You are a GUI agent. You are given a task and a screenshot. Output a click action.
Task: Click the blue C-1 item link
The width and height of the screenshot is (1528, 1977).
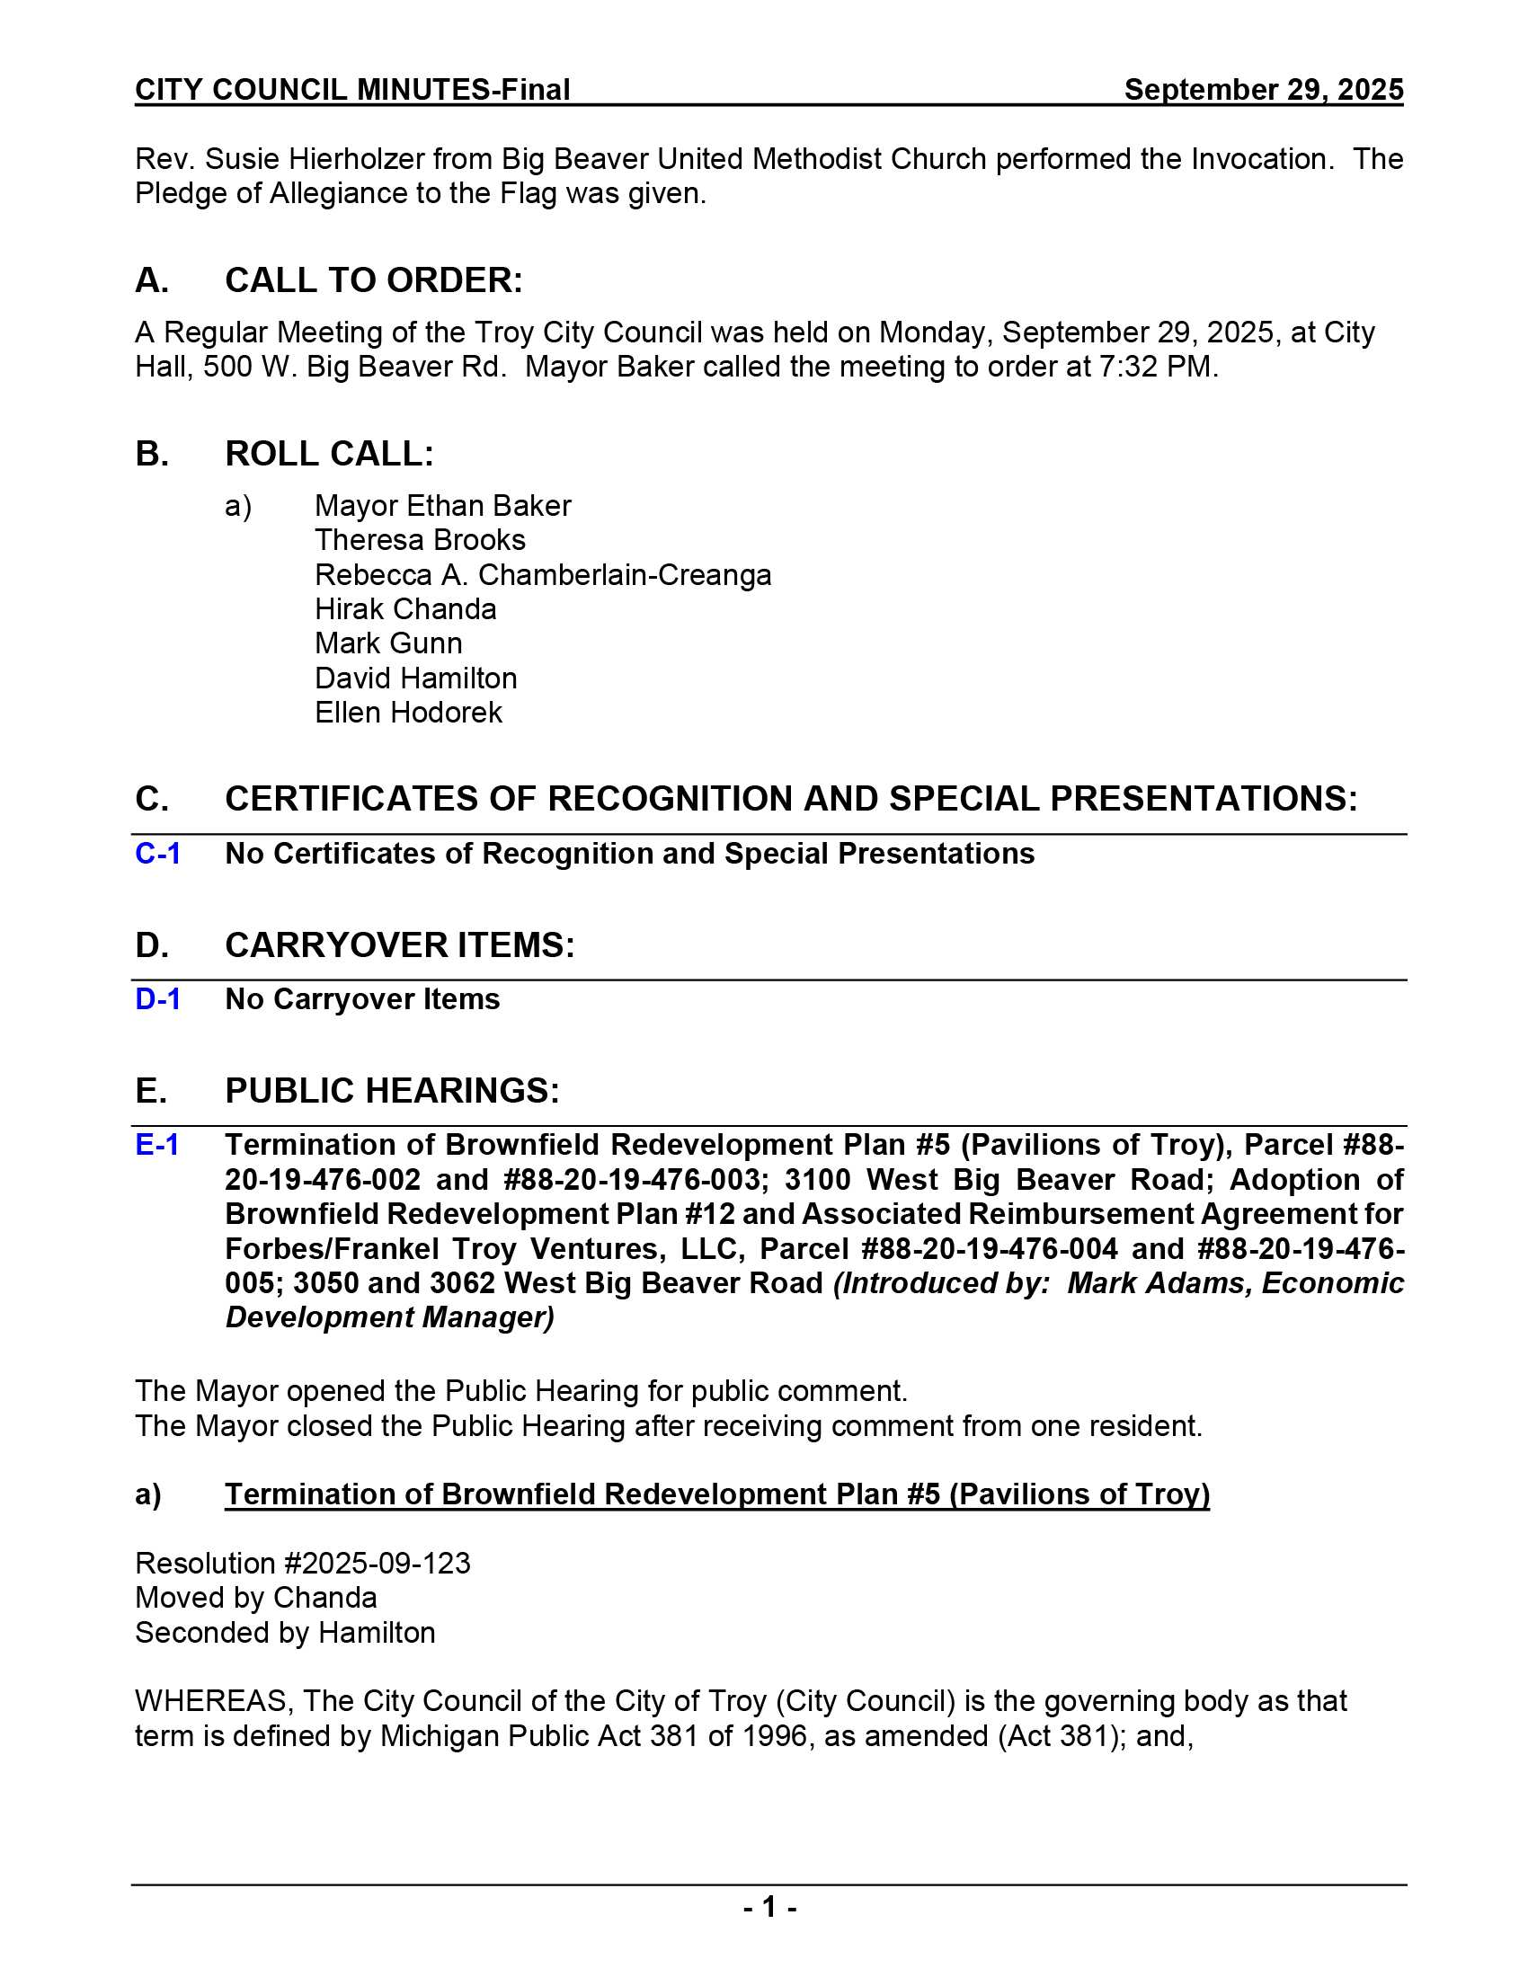tap(157, 854)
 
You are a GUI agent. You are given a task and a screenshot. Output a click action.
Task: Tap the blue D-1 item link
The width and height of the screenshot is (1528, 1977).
tap(157, 999)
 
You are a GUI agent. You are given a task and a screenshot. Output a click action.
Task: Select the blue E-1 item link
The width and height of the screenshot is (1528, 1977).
tap(156, 1145)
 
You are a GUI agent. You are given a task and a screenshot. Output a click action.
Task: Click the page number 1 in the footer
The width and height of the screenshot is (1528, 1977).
tap(769, 1907)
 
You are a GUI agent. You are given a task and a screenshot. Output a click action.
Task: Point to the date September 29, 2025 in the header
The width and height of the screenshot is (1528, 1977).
tap(1263, 90)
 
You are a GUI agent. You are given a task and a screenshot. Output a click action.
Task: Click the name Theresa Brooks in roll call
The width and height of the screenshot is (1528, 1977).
tap(420, 540)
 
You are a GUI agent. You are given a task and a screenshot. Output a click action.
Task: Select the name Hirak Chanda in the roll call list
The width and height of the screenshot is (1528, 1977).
tap(405, 609)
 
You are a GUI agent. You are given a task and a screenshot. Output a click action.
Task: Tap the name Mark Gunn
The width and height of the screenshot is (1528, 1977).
tap(388, 643)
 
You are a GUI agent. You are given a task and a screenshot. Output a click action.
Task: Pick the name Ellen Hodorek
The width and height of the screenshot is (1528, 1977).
tap(408, 713)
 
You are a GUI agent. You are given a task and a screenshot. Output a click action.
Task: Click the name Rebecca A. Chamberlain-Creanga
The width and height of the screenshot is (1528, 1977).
tap(543, 575)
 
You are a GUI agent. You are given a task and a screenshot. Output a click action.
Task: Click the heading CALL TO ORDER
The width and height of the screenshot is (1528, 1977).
tap(373, 280)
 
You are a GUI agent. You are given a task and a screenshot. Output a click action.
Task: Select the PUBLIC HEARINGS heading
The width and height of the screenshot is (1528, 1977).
tap(392, 1091)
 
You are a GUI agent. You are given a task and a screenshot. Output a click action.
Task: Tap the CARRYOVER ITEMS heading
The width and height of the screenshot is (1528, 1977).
tap(399, 945)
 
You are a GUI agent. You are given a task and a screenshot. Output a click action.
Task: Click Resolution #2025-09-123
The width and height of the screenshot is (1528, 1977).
tap(302, 1564)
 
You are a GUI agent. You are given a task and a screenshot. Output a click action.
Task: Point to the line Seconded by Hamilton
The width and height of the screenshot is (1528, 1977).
tap(285, 1632)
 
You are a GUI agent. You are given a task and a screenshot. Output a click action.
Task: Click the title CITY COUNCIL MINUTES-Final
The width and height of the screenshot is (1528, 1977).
tap(352, 90)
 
